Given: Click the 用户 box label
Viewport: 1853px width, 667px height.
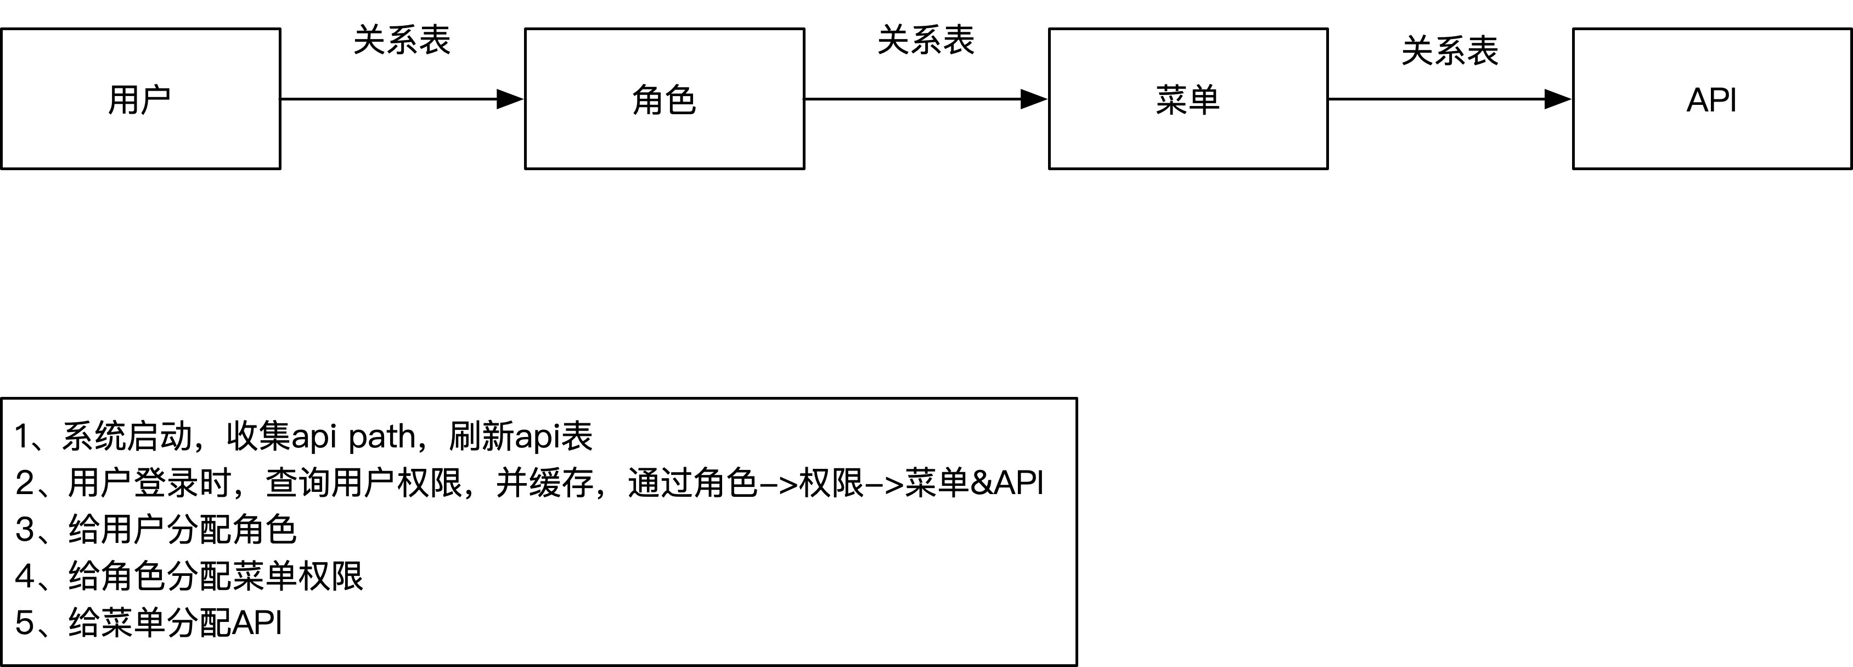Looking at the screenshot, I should (139, 100).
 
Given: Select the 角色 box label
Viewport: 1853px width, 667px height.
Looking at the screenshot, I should (664, 100).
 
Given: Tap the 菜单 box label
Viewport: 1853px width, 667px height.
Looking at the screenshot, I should (1187, 100).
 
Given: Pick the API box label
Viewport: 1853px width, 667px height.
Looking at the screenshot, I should (1711, 100).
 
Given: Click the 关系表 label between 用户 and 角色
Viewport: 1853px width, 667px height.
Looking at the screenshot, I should (402, 40).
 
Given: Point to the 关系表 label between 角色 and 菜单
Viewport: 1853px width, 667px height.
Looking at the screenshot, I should (926, 40).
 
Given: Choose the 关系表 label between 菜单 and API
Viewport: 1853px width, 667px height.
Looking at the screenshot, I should (1450, 51).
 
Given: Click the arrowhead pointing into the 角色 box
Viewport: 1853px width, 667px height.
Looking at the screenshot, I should (511, 99).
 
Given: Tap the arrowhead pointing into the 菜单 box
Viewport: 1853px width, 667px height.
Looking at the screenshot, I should (1034, 99).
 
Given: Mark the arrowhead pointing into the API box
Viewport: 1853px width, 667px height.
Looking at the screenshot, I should (1558, 99).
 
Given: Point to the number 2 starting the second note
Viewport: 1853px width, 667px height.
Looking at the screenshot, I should (25, 483).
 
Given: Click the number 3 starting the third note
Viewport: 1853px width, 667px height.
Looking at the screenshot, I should (25, 530).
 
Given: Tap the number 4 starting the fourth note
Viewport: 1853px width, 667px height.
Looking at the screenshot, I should (25, 576).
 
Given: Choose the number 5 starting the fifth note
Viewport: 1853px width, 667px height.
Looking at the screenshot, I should (25, 623).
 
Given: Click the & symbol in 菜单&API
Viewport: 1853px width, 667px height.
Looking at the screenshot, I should (982, 483).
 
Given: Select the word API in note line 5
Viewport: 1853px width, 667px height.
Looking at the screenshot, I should (257, 623).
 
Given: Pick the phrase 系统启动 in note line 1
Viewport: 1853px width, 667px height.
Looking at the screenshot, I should (127, 437).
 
